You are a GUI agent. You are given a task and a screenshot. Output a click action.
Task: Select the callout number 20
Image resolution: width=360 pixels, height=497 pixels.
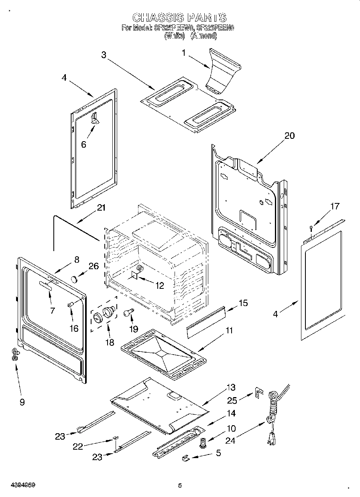pyautogui.click(x=289, y=136)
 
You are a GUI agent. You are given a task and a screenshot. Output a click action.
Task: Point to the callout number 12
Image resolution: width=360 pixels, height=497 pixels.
pyautogui.click(x=159, y=286)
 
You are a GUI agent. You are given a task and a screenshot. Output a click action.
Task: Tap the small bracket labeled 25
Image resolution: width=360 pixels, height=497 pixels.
pyautogui.click(x=260, y=392)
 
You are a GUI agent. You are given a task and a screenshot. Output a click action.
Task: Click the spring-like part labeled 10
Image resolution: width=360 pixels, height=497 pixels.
pyautogui.click(x=203, y=443)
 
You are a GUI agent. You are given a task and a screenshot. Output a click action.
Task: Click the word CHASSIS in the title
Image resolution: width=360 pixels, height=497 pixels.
pyautogui.click(x=158, y=18)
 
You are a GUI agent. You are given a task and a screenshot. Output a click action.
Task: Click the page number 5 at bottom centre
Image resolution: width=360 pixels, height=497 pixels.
pyautogui.click(x=180, y=486)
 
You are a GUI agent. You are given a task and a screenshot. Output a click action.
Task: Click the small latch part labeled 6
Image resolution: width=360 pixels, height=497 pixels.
pyautogui.click(x=95, y=118)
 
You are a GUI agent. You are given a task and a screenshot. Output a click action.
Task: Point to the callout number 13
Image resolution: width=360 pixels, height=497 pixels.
pyautogui.click(x=231, y=387)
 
